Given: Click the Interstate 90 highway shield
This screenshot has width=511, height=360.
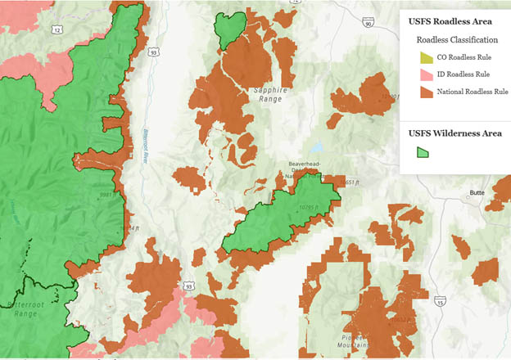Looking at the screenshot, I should pyautogui.click(x=369, y=24).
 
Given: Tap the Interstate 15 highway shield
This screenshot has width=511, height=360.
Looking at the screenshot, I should pyautogui.click(x=441, y=300).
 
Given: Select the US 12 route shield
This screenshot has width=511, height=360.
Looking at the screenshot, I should pyautogui.click(x=57, y=30).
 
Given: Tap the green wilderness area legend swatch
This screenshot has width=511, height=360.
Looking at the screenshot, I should pyautogui.click(x=424, y=151).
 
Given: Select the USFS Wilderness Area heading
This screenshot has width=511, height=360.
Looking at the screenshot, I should pyautogui.click(x=454, y=133).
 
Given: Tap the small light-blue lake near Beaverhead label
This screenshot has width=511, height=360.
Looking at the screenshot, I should pyautogui.click(x=316, y=151).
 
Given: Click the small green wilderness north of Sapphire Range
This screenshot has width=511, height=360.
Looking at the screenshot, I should pyautogui.click(x=230, y=29).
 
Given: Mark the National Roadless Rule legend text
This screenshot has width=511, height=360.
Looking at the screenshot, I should pyautogui.click(x=473, y=92).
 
